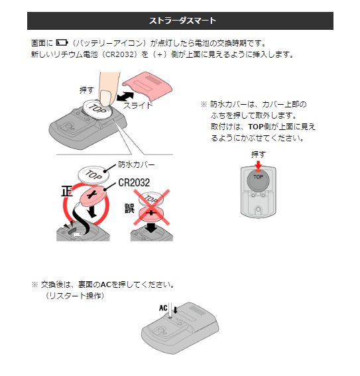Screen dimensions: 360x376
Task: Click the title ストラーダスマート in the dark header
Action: [182, 21]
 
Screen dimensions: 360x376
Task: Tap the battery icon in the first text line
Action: [62, 42]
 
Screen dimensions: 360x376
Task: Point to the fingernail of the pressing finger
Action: [105, 97]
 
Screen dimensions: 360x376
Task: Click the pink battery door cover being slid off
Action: [147, 86]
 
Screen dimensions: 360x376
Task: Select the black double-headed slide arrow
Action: [125, 96]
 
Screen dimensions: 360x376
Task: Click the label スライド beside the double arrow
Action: [138, 105]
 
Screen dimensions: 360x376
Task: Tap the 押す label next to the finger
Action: [87, 90]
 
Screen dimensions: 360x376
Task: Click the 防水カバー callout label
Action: [137, 164]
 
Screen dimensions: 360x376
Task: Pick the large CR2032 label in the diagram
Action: [134, 183]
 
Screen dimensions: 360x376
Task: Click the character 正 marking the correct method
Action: [67, 192]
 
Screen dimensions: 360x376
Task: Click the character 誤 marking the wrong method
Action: [129, 208]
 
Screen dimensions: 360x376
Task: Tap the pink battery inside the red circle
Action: [92, 196]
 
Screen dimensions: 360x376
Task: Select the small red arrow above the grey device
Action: [258, 165]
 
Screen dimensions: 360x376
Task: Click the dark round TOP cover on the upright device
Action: [258, 180]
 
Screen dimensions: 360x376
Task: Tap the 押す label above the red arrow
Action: [259, 155]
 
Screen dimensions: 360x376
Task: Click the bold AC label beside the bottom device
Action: [163, 308]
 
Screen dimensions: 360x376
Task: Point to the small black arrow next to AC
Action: [176, 310]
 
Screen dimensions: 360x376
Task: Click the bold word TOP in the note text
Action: [256, 127]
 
